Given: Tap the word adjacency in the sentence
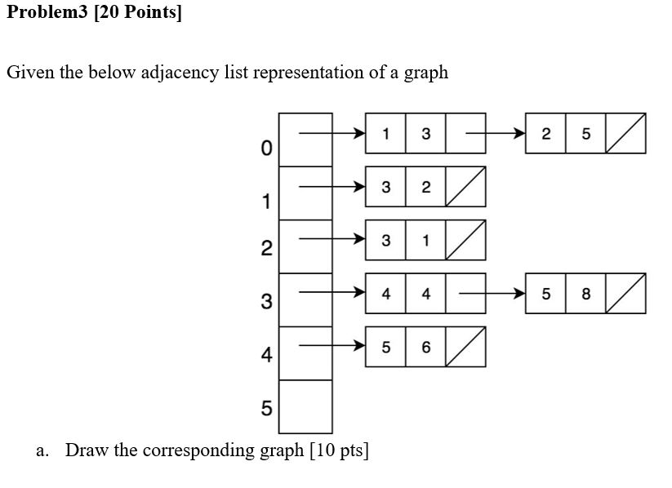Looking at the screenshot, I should click(x=180, y=73).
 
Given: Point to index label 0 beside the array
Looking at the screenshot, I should click(x=265, y=149).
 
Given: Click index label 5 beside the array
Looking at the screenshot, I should click(x=266, y=408).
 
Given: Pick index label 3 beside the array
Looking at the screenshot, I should click(x=266, y=302).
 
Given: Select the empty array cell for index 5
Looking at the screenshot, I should click(x=305, y=406).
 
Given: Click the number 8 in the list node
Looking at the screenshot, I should click(x=585, y=294).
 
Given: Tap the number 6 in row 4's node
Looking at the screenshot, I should click(x=425, y=347).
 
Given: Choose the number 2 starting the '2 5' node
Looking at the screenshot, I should click(x=545, y=134).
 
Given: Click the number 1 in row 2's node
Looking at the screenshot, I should click(x=425, y=241).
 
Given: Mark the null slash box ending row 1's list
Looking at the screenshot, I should click(x=465, y=187).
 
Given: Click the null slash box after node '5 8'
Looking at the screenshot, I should click(x=625, y=294).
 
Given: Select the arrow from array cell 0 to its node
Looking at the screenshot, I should click(x=331, y=133).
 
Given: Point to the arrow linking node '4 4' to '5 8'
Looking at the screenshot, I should click(x=491, y=294).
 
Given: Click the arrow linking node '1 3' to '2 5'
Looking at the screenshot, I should click(x=491, y=133).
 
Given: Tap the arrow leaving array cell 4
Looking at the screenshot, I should click(x=331, y=346).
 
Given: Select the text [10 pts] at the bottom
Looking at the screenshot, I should click(x=339, y=450).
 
